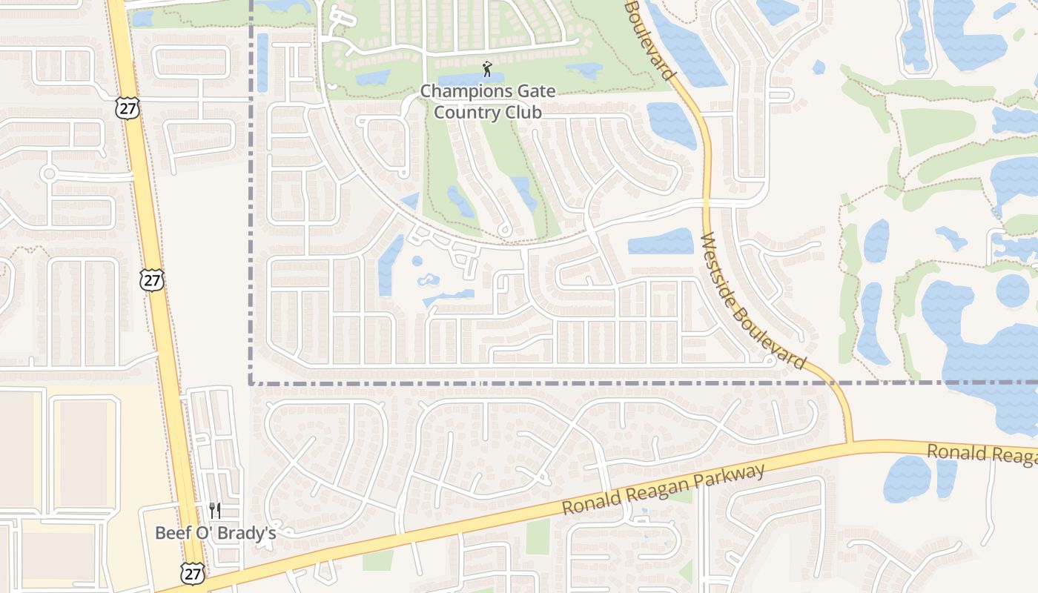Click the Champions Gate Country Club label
click(487, 102)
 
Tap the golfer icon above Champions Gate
click(487, 70)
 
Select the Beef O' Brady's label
click(215, 533)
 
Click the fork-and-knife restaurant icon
click(215, 510)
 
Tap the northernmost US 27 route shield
click(126, 107)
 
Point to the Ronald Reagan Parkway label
click(663, 490)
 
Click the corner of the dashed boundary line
click(251, 383)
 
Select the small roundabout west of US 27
click(49, 174)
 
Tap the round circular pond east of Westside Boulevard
click(1012, 290)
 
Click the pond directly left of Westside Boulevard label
click(661, 242)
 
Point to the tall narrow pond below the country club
click(390, 264)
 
